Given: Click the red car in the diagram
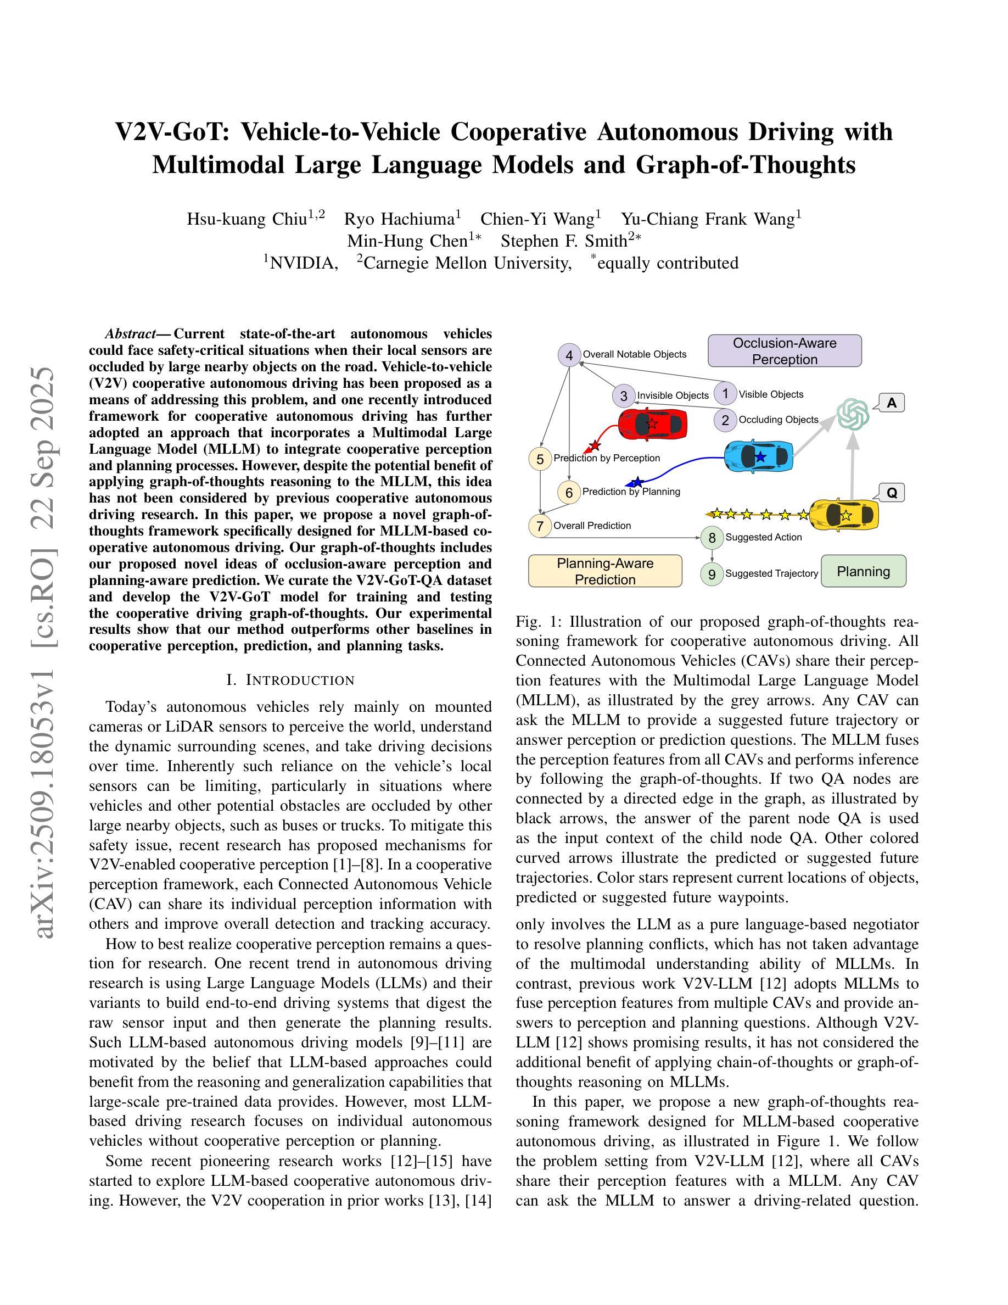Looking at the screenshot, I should tap(652, 423).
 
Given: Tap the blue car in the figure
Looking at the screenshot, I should tap(759, 456).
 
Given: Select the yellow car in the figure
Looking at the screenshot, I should tap(844, 515).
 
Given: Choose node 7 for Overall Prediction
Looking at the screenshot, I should tap(540, 526).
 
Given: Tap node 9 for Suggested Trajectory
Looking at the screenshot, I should tap(712, 574).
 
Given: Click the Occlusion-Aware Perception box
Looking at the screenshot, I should tap(784, 352).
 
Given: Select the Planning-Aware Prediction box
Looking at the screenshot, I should tap(605, 571).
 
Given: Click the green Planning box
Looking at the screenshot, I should tap(863, 571).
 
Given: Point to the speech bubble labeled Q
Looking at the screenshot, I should tap(892, 493).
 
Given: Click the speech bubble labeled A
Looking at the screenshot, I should tap(891, 403).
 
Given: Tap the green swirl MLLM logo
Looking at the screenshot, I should tap(853, 414).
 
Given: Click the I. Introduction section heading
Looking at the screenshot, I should tap(290, 680).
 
